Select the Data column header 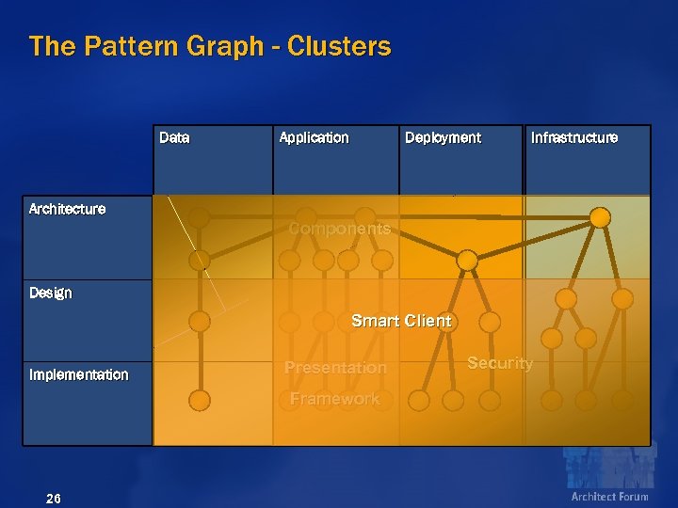[174, 138]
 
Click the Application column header [314, 138]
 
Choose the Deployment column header [443, 138]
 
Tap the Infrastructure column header [574, 138]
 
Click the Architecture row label [67, 209]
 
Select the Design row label [50, 294]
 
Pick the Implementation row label [78, 374]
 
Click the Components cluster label [339, 229]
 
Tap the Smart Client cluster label [401, 321]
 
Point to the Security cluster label [500, 363]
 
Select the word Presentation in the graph [335, 368]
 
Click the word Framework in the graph [334, 399]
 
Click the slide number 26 [54, 498]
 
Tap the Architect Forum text [609, 497]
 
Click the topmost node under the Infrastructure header [600, 217]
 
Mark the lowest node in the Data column [200, 401]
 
